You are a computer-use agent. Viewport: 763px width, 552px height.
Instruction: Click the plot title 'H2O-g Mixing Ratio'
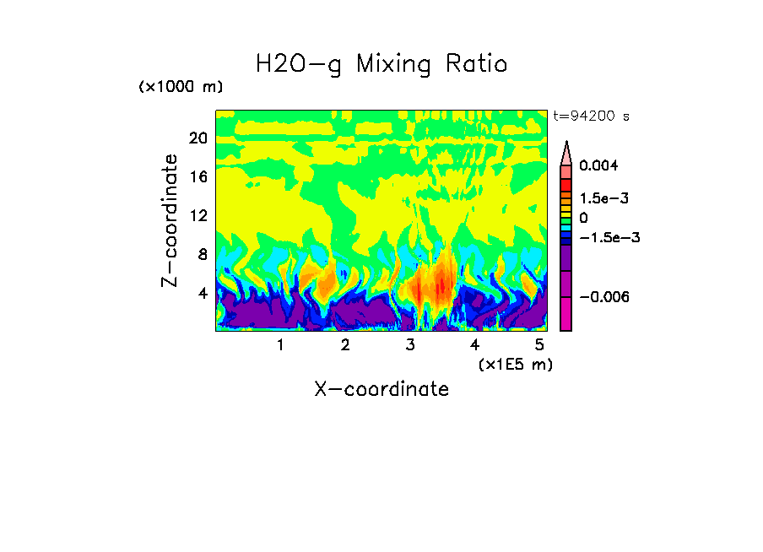(381, 63)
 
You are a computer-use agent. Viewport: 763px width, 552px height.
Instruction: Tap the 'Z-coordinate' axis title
(170, 220)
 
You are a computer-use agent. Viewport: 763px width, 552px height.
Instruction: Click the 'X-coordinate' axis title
(381, 389)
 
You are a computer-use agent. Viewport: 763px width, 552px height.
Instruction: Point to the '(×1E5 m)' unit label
(515, 364)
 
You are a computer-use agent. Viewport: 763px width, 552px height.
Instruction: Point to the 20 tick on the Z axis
(198, 138)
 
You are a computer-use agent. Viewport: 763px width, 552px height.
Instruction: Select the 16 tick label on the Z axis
(198, 176)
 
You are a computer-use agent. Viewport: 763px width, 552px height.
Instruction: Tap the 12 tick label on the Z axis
(198, 215)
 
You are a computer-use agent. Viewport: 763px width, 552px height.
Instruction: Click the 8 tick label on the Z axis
(202, 254)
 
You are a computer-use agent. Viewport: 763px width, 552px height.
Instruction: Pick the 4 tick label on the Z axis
(202, 293)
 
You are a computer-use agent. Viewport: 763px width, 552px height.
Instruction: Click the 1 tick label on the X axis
(280, 345)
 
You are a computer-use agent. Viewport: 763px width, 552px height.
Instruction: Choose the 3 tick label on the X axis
(410, 345)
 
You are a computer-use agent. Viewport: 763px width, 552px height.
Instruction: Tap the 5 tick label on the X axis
(539, 345)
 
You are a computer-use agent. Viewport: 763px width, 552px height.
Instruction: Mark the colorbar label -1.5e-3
(606, 237)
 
